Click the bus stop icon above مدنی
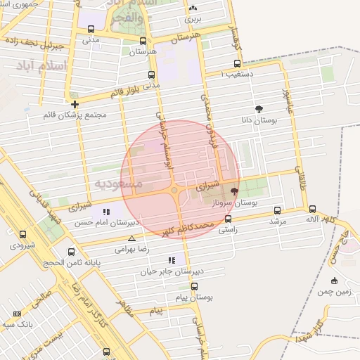coord(91,29)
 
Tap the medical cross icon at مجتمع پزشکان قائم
coord(75,104)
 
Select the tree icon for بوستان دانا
coord(259,109)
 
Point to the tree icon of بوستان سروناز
coord(234,191)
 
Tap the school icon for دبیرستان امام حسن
coord(106,212)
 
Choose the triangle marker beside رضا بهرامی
coord(131,238)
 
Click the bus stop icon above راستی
coord(227,219)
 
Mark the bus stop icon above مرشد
coord(278,210)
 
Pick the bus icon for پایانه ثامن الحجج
coord(70,252)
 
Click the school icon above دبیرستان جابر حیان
coord(172,260)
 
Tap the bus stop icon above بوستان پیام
coord(194,286)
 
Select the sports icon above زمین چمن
coord(334,281)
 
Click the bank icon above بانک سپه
coord(17,314)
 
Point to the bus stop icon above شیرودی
coord(22,235)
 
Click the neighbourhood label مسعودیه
coord(118,184)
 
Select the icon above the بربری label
coord(193,8)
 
